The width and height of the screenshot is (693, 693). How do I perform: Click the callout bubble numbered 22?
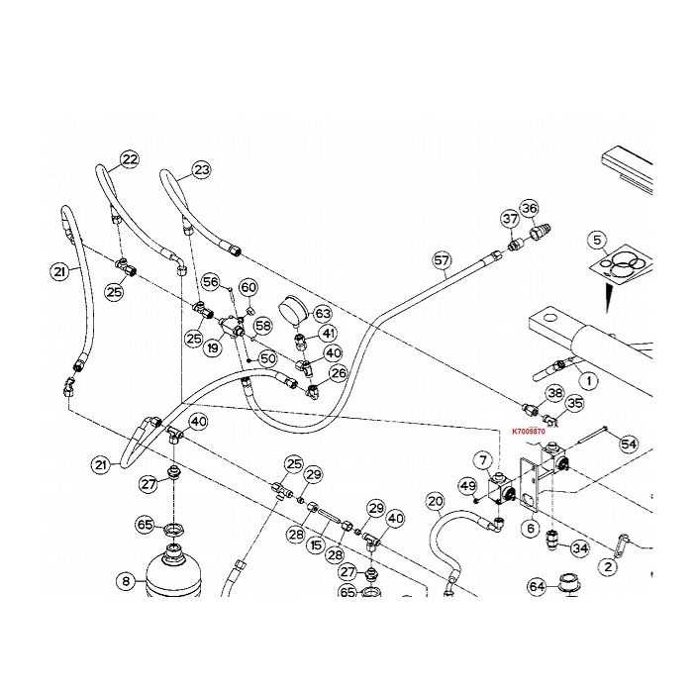click(x=131, y=159)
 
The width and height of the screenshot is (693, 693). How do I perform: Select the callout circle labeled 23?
click(x=201, y=170)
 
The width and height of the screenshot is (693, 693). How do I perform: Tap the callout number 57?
click(x=442, y=260)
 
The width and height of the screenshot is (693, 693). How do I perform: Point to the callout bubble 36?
click(x=530, y=208)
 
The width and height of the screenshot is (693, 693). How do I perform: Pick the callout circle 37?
click(x=510, y=218)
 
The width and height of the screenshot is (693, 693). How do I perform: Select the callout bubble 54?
click(x=628, y=445)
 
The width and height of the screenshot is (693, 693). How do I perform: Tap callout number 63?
click(x=323, y=314)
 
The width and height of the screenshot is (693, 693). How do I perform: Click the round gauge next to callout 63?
click(x=294, y=308)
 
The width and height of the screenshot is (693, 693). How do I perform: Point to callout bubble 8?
click(x=126, y=582)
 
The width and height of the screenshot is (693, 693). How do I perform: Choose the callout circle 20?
click(x=436, y=501)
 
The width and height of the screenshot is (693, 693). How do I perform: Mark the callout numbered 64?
click(x=537, y=586)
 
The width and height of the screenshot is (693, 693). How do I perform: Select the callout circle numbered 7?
click(x=482, y=459)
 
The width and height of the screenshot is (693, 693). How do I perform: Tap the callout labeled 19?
click(x=212, y=347)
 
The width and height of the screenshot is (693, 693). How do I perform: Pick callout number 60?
click(x=247, y=287)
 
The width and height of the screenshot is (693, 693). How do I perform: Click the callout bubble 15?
click(x=317, y=544)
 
